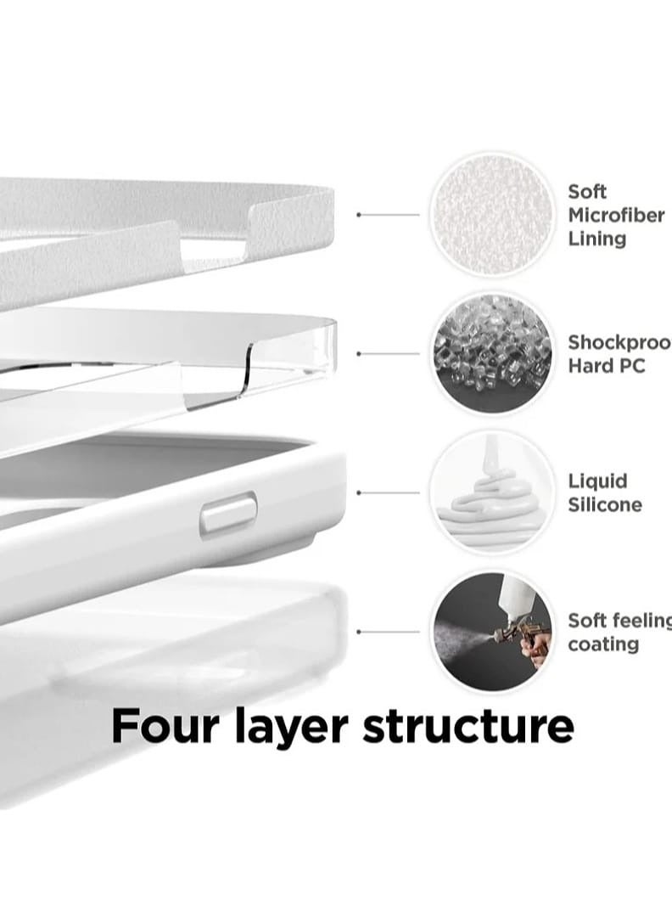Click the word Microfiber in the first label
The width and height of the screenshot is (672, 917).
(x=616, y=216)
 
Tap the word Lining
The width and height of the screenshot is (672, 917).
(x=597, y=239)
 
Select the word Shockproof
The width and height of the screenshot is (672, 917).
(x=619, y=343)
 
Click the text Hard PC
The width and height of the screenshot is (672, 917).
(x=607, y=366)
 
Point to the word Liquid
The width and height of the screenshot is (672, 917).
(x=598, y=481)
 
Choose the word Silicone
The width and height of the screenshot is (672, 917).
(x=605, y=505)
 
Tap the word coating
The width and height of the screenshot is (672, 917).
(x=603, y=644)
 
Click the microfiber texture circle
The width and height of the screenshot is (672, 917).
(x=490, y=214)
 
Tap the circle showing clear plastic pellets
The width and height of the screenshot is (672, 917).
(x=490, y=353)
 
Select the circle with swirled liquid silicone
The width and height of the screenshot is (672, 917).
(x=490, y=492)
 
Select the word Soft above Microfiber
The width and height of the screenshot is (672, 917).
(x=587, y=192)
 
